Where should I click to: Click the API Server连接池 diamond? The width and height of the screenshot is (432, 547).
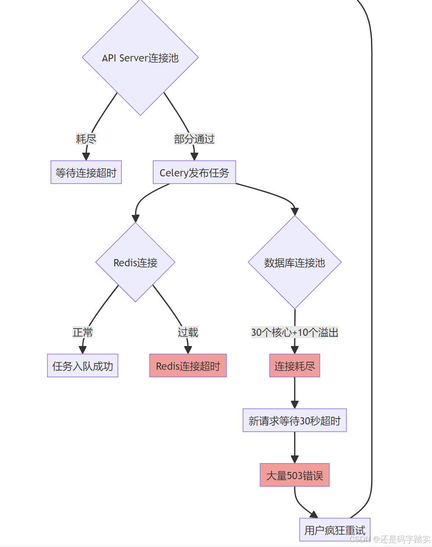coord(140,58)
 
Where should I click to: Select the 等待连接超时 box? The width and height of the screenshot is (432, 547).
coord(86,172)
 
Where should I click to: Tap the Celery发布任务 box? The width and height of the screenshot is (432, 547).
coord(194,172)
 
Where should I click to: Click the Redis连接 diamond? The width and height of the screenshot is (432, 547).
coord(136,262)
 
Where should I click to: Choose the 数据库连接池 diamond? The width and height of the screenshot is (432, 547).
coord(294,262)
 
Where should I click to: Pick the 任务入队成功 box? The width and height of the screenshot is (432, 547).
coord(83,366)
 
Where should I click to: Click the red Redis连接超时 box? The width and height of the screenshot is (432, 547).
coord(188,366)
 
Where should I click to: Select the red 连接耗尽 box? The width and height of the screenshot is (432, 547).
coord(294,366)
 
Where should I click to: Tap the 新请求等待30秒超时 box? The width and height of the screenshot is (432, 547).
coord(294,420)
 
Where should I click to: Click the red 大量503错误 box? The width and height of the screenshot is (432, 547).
coord(294,475)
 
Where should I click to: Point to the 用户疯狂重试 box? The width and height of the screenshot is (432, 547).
coord(335,530)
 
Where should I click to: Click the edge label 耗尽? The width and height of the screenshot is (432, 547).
coord(86,139)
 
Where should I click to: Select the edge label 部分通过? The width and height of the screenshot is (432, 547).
coord(194,139)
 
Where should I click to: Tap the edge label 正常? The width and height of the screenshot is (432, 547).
coord(83,332)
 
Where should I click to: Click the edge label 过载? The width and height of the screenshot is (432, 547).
coord(188,332)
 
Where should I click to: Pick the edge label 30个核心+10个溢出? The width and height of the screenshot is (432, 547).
coord(294,332)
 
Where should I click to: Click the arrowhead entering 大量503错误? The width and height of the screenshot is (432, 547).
coord(294,459)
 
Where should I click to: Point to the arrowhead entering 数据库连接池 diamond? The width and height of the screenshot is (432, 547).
coord(295,211)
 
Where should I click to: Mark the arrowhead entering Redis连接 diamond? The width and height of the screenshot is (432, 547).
coord(136,218)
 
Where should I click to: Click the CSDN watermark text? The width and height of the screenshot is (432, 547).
coord(390,539)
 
